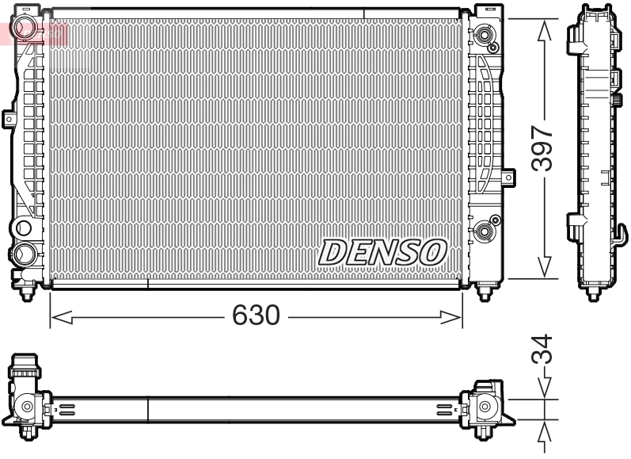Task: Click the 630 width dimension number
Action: pos(256,316)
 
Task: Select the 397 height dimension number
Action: pos(542,147)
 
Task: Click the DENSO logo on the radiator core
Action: pos(382,253)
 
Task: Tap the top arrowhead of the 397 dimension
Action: pos(543,30)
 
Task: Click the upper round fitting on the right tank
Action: pos(484,35)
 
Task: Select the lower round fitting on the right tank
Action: pos(484,231)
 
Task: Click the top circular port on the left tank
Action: pos(25,228)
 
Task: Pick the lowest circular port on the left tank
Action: pos(25,254)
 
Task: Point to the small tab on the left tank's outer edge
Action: pos(9,118)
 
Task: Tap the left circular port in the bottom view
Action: pos(28,407)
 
